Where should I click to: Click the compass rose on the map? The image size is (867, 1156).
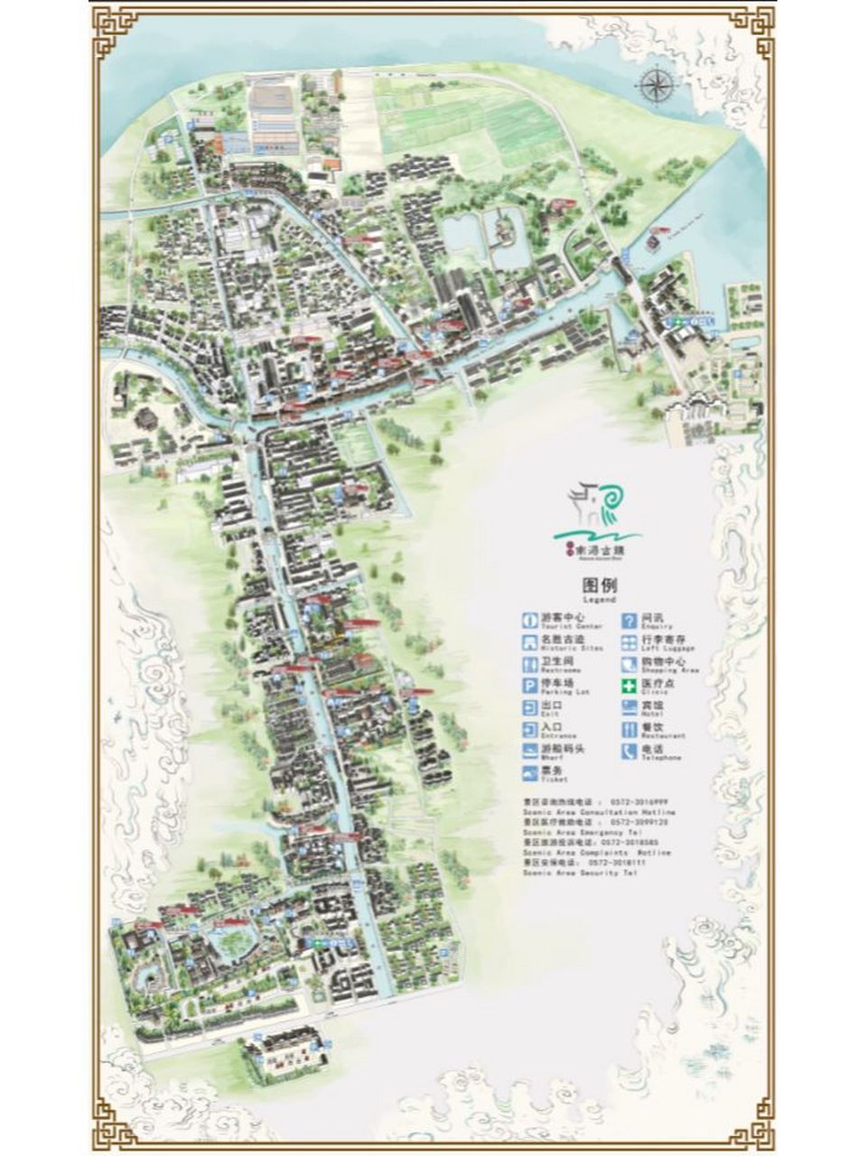coord(656,86)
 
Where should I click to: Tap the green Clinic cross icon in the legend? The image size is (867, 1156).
coord(628,685)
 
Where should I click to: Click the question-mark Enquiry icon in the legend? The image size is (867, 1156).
coord(628,620)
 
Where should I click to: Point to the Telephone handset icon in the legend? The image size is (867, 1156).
coord(628,751)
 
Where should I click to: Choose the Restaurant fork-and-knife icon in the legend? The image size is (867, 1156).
coord(628,730)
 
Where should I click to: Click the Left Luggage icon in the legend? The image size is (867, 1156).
coord(628,642)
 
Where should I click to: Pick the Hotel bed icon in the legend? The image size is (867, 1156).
coord(628,708)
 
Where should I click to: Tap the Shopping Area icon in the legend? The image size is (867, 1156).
coord(628,664)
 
